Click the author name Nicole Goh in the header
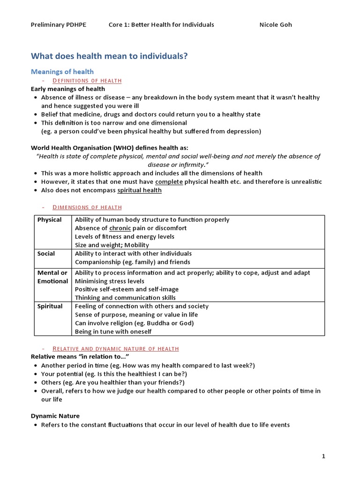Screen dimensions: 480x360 point(276,24)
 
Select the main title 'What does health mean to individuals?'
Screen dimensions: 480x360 point(109,56)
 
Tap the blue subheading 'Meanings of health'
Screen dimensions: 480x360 point(62,72)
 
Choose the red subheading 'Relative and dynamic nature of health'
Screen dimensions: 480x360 point(115,348)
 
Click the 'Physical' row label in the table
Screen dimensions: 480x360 point(49,220)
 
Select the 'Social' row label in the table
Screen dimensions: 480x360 point(46,254)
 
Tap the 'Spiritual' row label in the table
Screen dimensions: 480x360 point(50,307)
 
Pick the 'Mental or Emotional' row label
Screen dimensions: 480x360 point(52,277)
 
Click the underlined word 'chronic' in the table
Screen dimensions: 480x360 point(120,228)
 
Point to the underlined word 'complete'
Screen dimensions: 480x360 point(169,182)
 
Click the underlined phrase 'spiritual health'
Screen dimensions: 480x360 point(139,190)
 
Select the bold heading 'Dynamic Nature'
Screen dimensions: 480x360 point(55,416)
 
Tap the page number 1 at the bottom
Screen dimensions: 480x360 point(323,456)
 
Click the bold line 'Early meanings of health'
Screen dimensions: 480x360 point(68,89)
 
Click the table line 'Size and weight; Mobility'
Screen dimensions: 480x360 point(112,245)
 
